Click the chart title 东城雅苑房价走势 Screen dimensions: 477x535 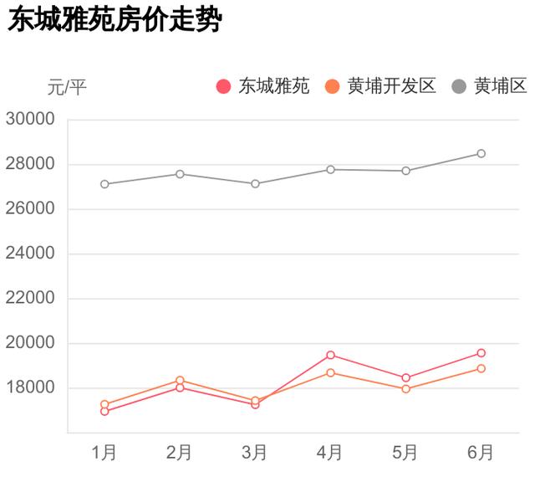[x=114, y=20]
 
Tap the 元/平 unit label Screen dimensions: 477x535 [x=67, y=87]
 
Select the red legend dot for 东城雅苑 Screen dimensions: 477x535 [x=223, y=86]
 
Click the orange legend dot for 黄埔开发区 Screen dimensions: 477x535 [x=333, y=86]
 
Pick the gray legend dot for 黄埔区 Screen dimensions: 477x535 [x=460, y=86]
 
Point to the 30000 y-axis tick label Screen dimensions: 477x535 [x=30, y=119]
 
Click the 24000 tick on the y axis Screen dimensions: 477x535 [x=30, y=254]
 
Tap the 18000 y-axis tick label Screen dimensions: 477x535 [x=30, y=388]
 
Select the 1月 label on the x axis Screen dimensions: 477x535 [x=104, y=453]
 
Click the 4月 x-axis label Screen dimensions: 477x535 [x=330, y=453]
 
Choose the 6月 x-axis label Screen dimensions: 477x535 [x=481, y=453]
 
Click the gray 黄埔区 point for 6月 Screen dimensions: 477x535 [x=481, y=153]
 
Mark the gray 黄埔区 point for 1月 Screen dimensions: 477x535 [x=104, y=184]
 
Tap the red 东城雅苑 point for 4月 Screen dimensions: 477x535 [x=331, y=355]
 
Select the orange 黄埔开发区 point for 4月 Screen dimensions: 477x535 [x=331, y=372]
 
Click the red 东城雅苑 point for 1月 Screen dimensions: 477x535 [x=104, y=411]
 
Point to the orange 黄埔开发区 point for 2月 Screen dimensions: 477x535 [x=180, y=381]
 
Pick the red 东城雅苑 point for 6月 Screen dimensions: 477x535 [x=481, y=353]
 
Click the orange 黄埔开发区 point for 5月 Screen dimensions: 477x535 [x=406, y=388]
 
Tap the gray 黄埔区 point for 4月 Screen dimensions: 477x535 [x=331, y=169]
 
